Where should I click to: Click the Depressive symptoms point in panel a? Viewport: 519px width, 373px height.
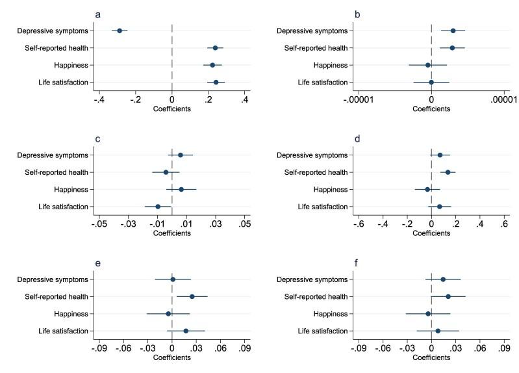pyautogui.click(x=120, y=31)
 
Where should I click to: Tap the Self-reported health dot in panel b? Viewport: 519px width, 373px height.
pyautogui.click(x=452, y=48)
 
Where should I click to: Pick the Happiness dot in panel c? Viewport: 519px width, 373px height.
pyautogui.click(x=181, y=190)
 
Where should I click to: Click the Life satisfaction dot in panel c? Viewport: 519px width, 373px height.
pyautogui.click(x=158, y=207)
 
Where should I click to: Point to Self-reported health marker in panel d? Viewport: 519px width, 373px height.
pyautogui.click(x=448, y=172)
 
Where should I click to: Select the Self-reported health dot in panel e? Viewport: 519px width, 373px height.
pyautogui.click(x=192, y=296)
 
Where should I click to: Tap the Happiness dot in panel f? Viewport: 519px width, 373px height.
pyautogui.click(x=428, y=314)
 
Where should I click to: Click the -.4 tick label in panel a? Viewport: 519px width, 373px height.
pyautogui.click(x=99, y=100)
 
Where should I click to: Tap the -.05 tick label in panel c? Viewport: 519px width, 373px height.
pyautogui.click(x=99, y=224)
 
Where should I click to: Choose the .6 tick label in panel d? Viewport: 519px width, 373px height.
pyautogui.click(x=504, y=224)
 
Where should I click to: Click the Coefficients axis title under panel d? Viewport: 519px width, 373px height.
pyautogui.click(x=431, y=233)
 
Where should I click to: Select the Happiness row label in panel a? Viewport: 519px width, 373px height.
pyautogui.click(x=71, y=66)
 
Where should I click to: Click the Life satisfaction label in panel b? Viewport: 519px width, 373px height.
pyautogui.click(x=323, y=83)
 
